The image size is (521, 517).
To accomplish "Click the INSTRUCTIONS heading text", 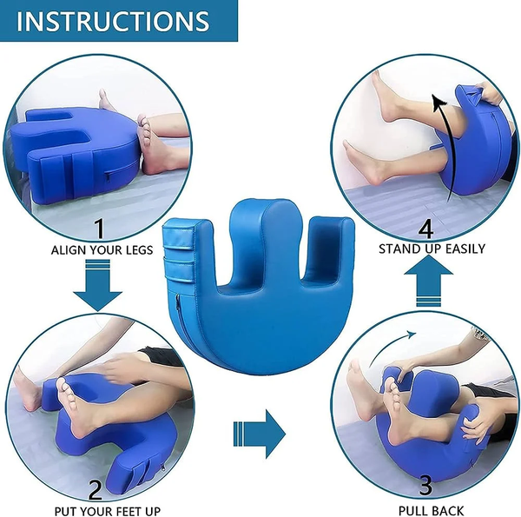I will (113, 21).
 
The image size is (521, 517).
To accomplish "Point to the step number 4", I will (425, 229).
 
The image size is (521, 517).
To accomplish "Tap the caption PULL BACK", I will (425, 509).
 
